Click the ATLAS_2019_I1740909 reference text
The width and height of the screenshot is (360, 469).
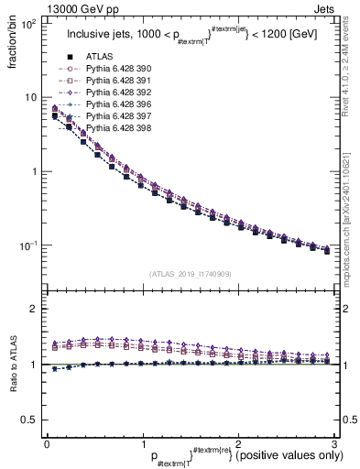coord(190,274)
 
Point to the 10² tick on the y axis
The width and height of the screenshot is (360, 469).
coord(28,24)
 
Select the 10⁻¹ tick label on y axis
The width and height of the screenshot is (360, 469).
coord(27,245)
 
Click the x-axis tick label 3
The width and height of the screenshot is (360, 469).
coord(333,442)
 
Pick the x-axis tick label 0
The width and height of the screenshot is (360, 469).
coord(47,442)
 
